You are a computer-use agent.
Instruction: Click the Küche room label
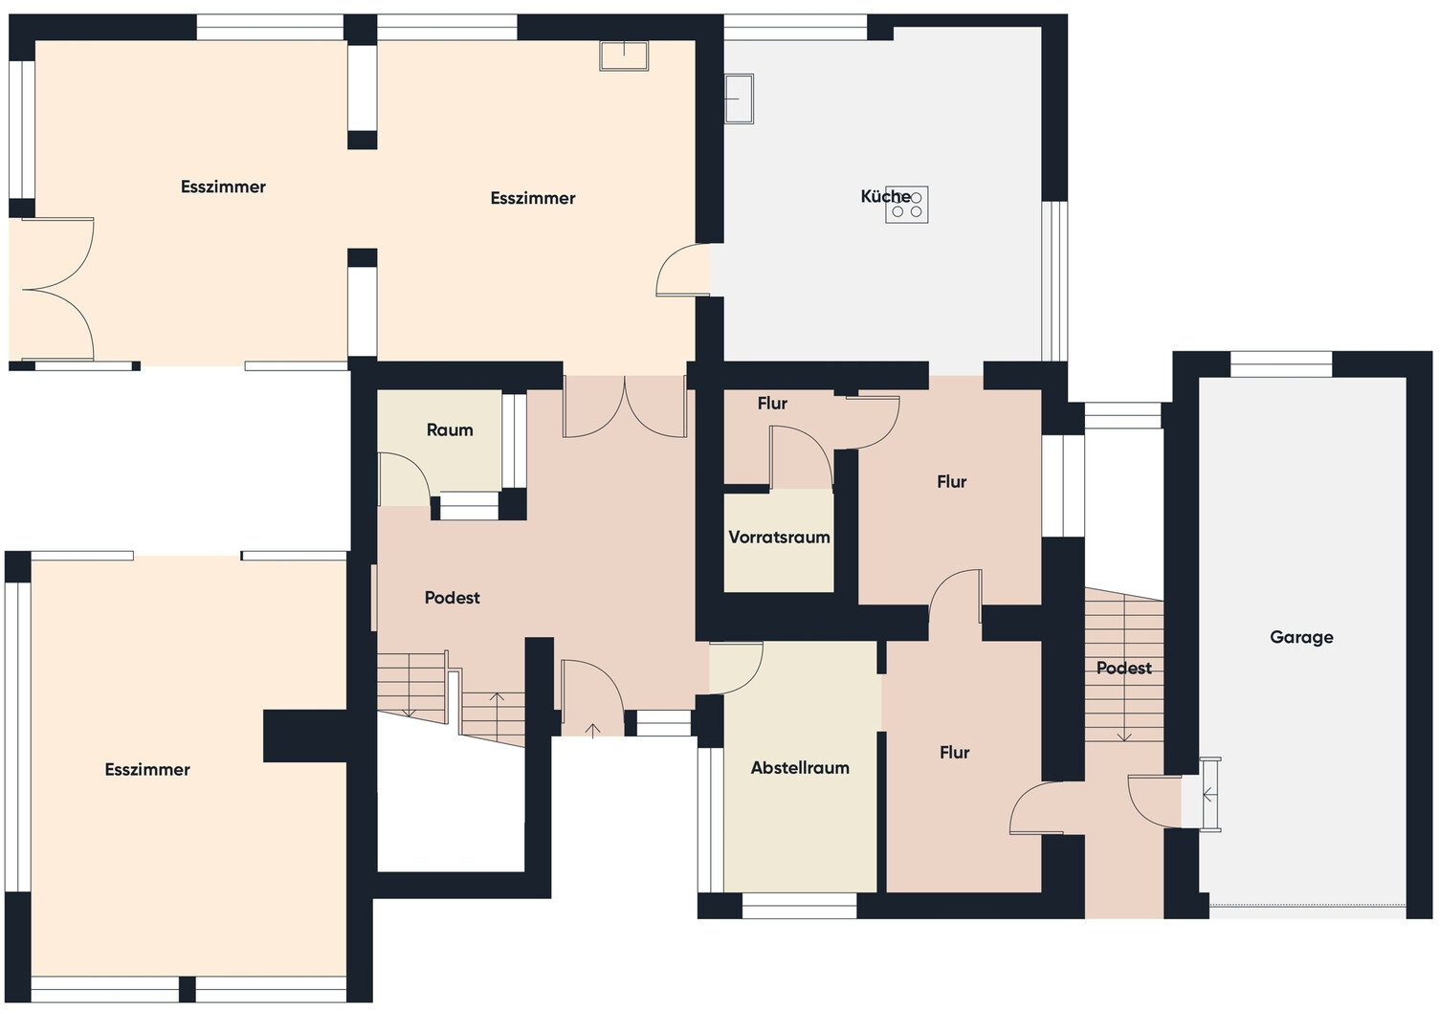pyautogui.click(x=885, y=196)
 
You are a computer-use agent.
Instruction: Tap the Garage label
pyautogui.click(x=1301, y=637)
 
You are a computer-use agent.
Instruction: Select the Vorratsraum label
pyautogui.click(x=779, y=537)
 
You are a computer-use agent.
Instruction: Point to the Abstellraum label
pyautogui.click(x=800, y=767)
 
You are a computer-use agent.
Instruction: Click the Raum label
pyautogui.click(x=450, y=429)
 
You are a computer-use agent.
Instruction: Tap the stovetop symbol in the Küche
pyautogui.click(x=906, y=205)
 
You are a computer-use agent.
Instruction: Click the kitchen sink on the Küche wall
pyautogui.click(x=739, y=99)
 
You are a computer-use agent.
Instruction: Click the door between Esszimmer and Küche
pyautogui.click(x=683, y=270)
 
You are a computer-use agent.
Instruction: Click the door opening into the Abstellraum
pyautogui.click(x=736, y=668)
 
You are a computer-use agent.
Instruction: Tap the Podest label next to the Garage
pyautogui.click(x=1123, y=668)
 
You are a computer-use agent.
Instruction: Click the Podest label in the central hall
pyautogui.click(x=452, y=598)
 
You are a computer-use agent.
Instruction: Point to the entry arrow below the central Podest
pyautogui.click(x=592, y=730)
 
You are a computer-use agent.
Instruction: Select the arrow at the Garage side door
pyautogui.click(x=1209, y=795)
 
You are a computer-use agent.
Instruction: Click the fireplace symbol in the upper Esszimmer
pyautogui.click(x=624, y=55)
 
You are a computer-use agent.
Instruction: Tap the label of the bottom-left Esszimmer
pyautogui.click(x=147, y=769)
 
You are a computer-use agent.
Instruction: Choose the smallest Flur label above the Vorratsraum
pyautogui.click(x=772, y=403)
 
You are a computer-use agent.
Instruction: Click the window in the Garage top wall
pyautogui.click(x=1280, y=363)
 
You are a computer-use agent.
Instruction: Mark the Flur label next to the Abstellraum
pyautogui.click(x=954, y=752)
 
